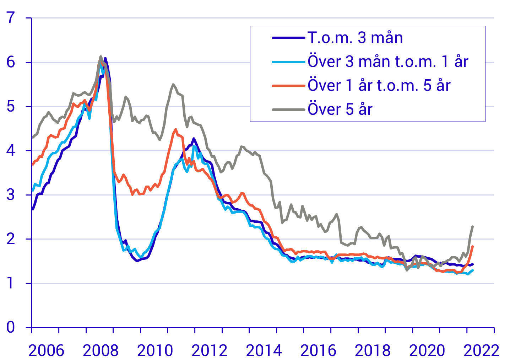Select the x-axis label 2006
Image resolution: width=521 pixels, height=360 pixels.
tap(46, 351)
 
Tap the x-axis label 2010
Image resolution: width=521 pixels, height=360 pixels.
tap(155, 351)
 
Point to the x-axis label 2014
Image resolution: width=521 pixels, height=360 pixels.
tap(264, 351)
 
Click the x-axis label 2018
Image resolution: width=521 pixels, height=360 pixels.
tap(373, 351)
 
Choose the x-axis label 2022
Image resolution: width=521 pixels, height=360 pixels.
tap(482, 351)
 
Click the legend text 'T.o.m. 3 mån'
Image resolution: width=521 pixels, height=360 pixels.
tap(355, 38)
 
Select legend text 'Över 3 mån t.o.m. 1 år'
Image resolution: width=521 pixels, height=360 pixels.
tap(388, 61)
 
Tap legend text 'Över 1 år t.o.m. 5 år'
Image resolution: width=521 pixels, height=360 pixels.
tap(379, 85)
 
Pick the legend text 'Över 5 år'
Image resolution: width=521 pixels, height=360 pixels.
tap(340, 109)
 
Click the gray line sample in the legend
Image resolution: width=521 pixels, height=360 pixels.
tap(288, 109)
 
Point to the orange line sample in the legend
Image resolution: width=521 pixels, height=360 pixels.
tap(288, 86)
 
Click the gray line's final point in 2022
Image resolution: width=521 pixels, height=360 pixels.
tap(473, 226)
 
